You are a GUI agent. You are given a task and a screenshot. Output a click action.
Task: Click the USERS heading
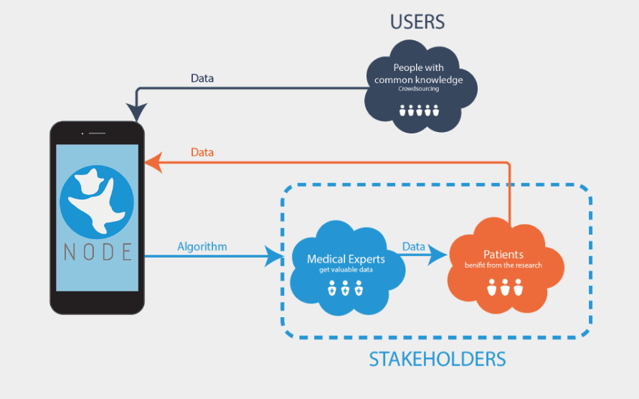coord(417,22)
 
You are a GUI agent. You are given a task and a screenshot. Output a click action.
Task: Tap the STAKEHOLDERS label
coord(437,360)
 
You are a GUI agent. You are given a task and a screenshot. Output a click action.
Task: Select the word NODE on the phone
coord(96,252)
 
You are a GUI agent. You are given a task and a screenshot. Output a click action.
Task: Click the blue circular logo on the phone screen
coord(96,200)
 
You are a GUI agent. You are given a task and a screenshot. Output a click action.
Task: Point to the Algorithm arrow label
coord(202,247)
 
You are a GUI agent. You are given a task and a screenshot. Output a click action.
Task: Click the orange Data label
coord(202,153)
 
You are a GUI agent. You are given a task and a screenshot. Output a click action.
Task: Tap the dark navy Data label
coord(202,78)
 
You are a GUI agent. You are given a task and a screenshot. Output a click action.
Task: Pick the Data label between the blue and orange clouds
coord(414,246)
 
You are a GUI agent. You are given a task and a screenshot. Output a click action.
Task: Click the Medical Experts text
coord(346,259)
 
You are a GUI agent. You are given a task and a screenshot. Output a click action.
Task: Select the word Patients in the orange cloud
coord(503,255)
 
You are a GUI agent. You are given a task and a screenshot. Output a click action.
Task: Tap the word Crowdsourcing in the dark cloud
coord(419,90)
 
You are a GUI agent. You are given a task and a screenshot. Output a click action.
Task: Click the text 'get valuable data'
coord(346,271)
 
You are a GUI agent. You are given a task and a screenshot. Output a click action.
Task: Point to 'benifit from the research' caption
coord(503,266)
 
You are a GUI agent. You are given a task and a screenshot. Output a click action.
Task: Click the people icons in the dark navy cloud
coord(419,111)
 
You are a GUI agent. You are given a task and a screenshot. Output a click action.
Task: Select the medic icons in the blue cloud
coord(345,288)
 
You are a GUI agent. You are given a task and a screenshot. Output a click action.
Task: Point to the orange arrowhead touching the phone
coord(151,163)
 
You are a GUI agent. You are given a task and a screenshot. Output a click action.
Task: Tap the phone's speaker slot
coord(98,133)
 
